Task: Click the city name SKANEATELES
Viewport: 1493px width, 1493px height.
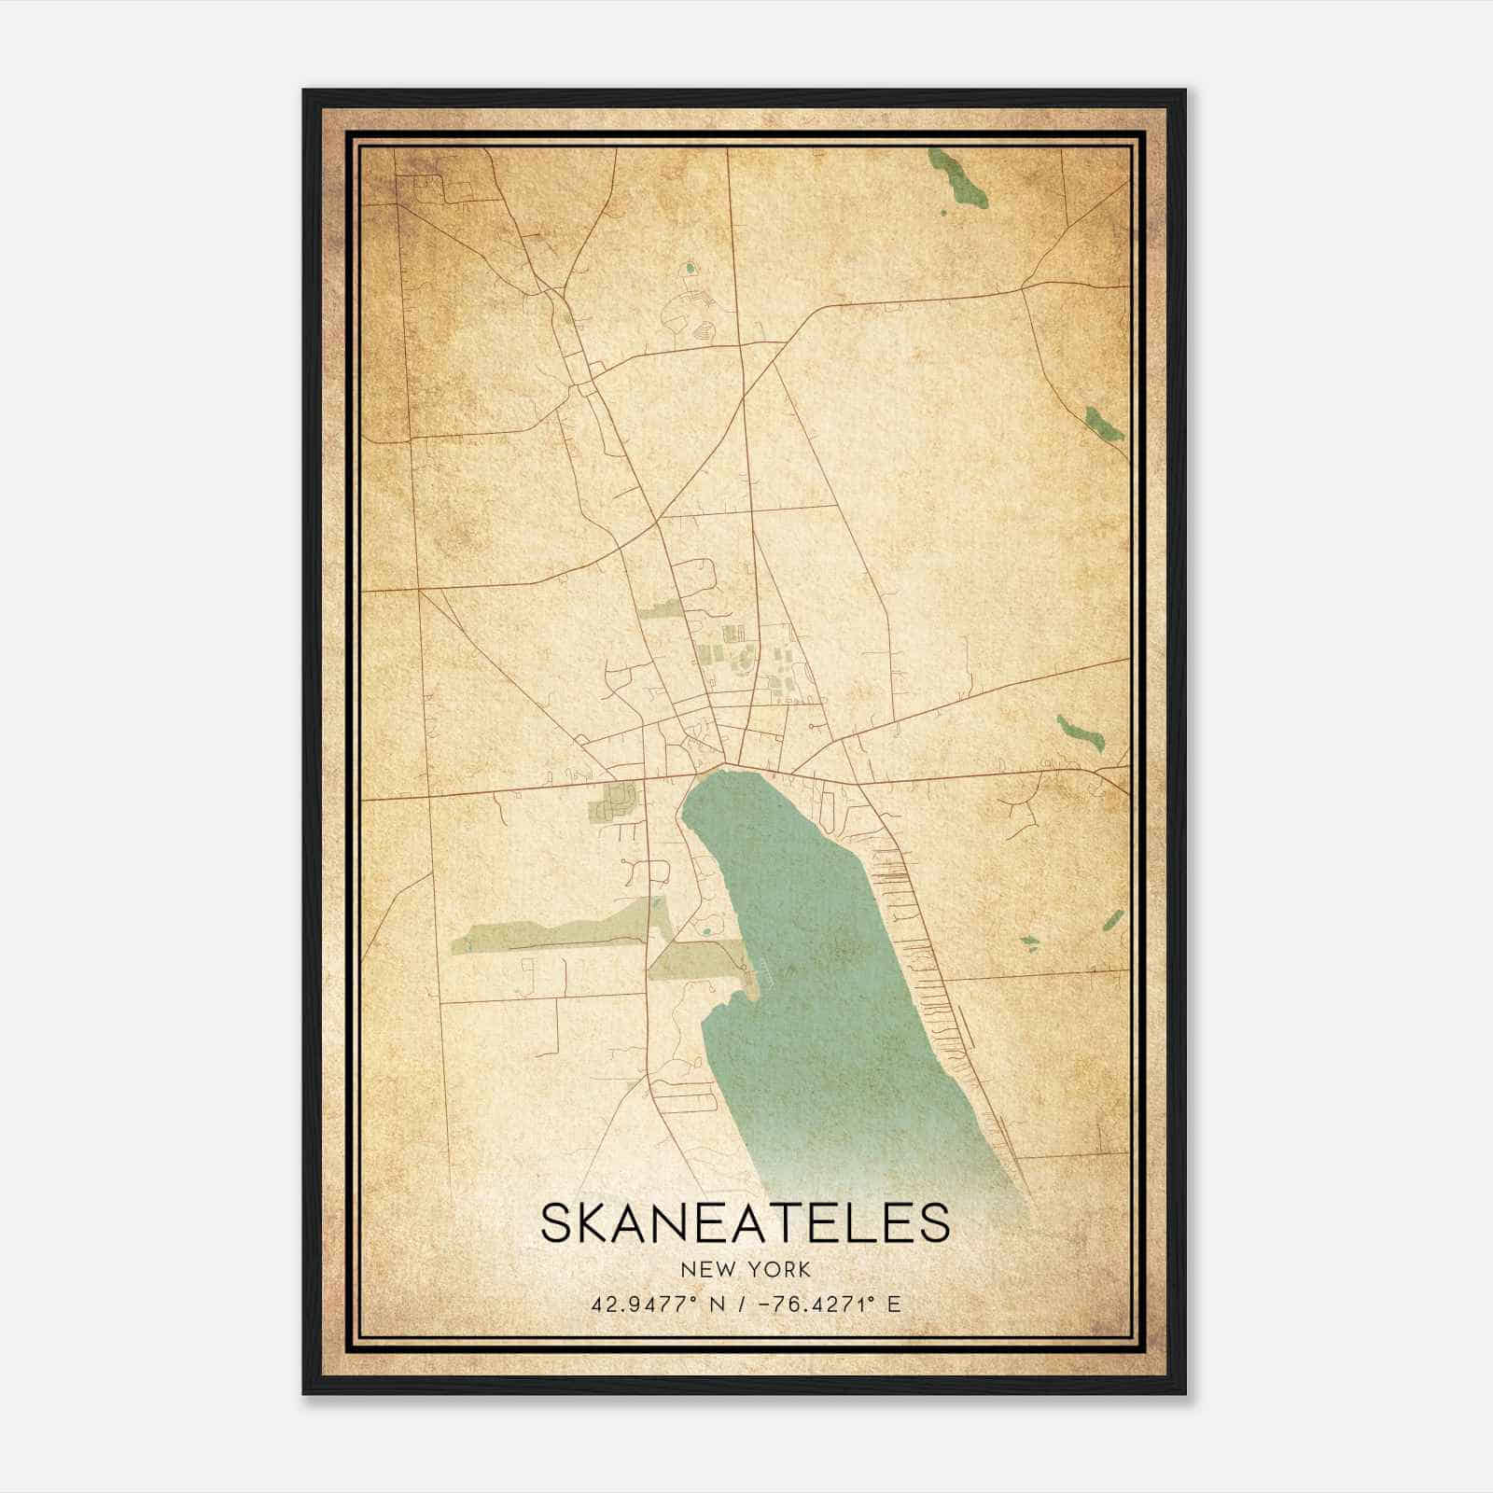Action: pos(745,1222)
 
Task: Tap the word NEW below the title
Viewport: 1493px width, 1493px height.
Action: pos(707,1269)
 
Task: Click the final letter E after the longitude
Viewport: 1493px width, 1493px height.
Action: pos(895,1304)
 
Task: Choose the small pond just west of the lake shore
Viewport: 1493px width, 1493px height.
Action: pos(706,929)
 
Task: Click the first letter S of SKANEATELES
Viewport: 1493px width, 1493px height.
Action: pos(556,1222)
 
